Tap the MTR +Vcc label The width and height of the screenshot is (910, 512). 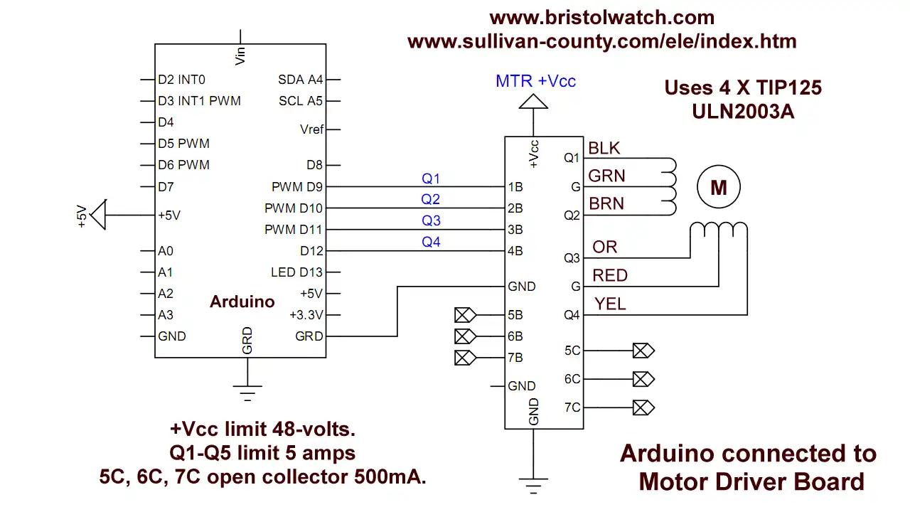click(535, 81)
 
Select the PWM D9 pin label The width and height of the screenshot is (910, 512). click(297, 187)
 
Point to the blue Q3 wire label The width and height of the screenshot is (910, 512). click(431, 220)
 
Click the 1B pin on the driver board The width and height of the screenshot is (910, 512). click(515, 187)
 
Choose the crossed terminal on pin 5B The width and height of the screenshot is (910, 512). click(465, 315)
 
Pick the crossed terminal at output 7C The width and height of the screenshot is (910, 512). click(643, 407)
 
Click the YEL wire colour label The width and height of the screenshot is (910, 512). click(610, 304)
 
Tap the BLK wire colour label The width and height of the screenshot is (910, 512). click(604, 148)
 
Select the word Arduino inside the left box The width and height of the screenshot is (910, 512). click(242, 302)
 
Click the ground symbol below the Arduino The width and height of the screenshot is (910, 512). click(247, 393)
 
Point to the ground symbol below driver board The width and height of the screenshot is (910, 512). click(533, 486)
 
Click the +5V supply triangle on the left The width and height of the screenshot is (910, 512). click(98, 215)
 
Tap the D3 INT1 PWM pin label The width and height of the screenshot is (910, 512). click(199, 101)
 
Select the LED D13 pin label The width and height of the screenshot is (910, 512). click(296, 272)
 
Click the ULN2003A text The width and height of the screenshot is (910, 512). click(743, 112)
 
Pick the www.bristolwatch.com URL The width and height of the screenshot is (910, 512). click(601, 18)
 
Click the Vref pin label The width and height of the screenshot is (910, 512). click(311, 129)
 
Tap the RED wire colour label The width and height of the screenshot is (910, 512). click(610, 275)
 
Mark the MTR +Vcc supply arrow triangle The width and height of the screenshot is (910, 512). click(533, 102)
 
